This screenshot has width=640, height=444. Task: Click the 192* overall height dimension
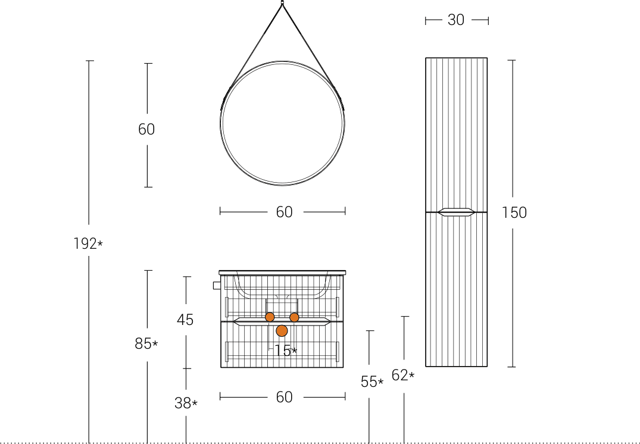click(x=88, y=243)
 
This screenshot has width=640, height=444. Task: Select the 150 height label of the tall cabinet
click(x=514, y=212)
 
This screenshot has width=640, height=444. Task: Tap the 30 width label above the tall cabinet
click(x=456, y=20)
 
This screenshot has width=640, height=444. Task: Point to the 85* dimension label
click(x=146, y=344)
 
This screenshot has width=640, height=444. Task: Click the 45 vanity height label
click(x=185, y=320)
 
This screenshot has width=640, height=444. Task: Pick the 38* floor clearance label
click(x=186, y=403)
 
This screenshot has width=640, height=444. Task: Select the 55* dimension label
click(x=372, y=382)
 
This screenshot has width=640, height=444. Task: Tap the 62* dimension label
click(x=403, y=375)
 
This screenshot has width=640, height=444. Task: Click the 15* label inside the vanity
click(x=285, y=351)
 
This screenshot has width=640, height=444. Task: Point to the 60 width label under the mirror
click(x=284, y=212)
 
